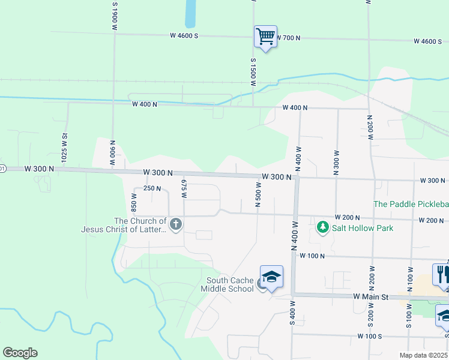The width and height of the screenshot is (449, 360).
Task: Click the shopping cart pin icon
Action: click(265, 37)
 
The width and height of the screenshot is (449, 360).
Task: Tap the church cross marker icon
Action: click(176, 224)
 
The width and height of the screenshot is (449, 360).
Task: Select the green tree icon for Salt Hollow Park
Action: click(323, 227)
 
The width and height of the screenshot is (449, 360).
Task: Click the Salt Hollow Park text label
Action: click(363, 229)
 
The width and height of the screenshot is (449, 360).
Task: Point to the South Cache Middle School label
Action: click(230, 284)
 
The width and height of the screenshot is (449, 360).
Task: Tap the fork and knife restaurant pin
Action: click(442, 274)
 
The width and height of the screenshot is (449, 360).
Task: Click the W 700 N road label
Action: click(287, 38)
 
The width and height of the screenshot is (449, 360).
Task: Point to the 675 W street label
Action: click(184, 188)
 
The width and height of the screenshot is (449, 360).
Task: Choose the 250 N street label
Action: click(152, 188)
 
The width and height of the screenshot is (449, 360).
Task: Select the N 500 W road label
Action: click(258, 195)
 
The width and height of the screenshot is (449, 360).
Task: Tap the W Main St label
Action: click(371, 297)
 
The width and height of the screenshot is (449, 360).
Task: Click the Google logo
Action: click(20, 353)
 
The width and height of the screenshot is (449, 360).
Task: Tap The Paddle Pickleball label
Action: click(411, 205)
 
